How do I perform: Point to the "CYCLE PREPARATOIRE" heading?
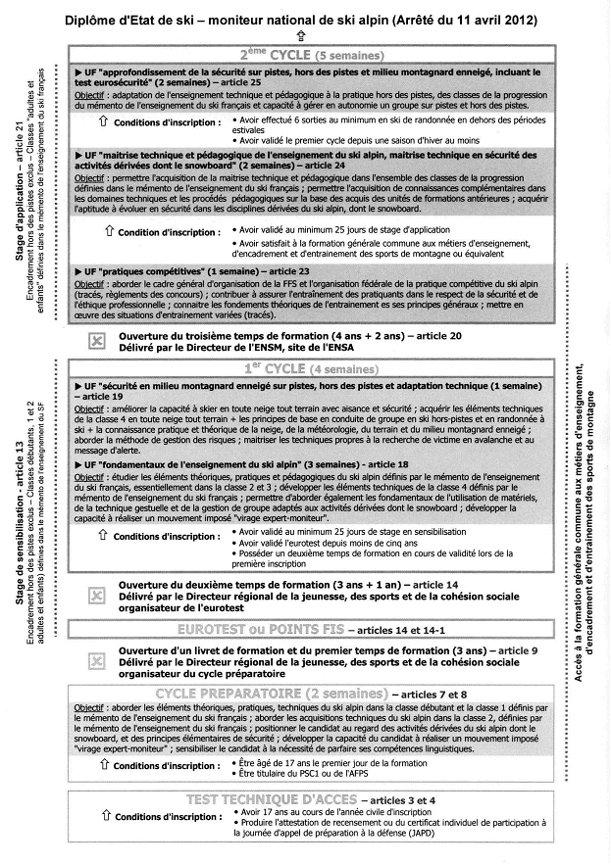265,695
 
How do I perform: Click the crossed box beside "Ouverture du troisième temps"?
96,341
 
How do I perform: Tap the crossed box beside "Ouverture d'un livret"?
96,662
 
